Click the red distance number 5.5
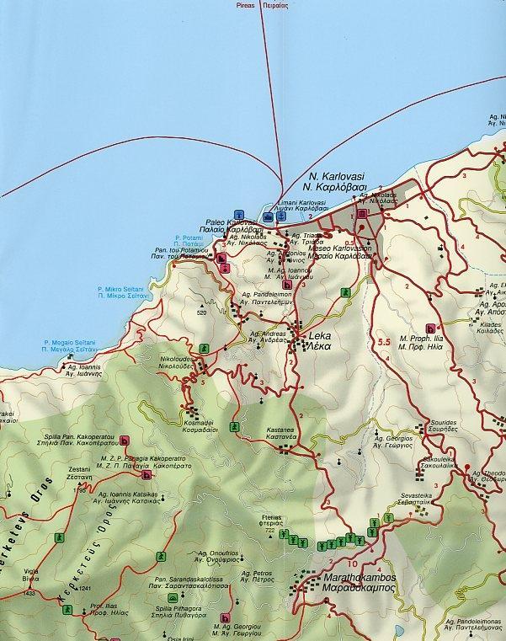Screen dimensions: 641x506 (386, 341)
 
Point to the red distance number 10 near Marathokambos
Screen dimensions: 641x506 (350, 564)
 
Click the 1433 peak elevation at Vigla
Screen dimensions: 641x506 (30, 594)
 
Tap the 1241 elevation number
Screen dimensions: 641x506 (83, 588)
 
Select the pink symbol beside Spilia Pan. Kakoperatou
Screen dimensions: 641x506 (125, 441)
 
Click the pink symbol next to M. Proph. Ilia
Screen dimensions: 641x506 (431, 329)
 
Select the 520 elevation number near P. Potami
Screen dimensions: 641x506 (201, 312)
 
